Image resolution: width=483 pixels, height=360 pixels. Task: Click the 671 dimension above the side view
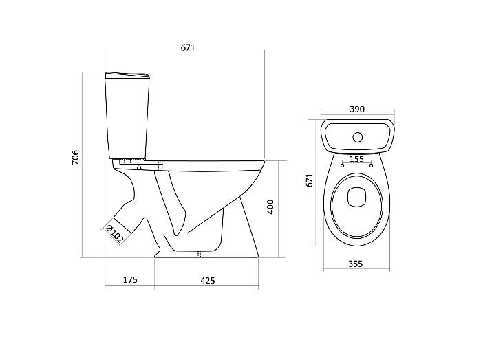188,47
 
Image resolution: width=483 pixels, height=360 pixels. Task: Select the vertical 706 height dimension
76,157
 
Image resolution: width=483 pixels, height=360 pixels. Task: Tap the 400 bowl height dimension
270,207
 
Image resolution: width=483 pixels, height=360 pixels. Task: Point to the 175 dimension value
130,280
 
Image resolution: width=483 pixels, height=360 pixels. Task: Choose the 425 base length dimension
208,280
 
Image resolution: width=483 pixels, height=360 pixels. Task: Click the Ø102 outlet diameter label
114,233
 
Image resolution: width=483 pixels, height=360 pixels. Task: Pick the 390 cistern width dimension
357,109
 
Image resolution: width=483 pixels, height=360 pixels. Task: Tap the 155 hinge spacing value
356,159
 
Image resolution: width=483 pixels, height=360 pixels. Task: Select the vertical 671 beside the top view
309,180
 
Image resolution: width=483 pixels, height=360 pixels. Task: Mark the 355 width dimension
356,264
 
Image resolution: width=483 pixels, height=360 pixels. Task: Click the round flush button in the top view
357,137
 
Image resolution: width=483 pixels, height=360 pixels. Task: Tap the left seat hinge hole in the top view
342,165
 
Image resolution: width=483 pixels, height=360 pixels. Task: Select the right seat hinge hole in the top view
371,165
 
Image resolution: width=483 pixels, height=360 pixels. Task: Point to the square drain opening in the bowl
356,197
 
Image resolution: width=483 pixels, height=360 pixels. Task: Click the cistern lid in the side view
127,74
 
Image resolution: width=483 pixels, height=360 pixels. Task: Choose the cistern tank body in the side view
128,118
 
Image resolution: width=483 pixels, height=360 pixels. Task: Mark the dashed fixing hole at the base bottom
199,254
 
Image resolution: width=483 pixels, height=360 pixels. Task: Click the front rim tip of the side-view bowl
264,162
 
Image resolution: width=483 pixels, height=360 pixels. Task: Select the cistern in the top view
357,136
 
